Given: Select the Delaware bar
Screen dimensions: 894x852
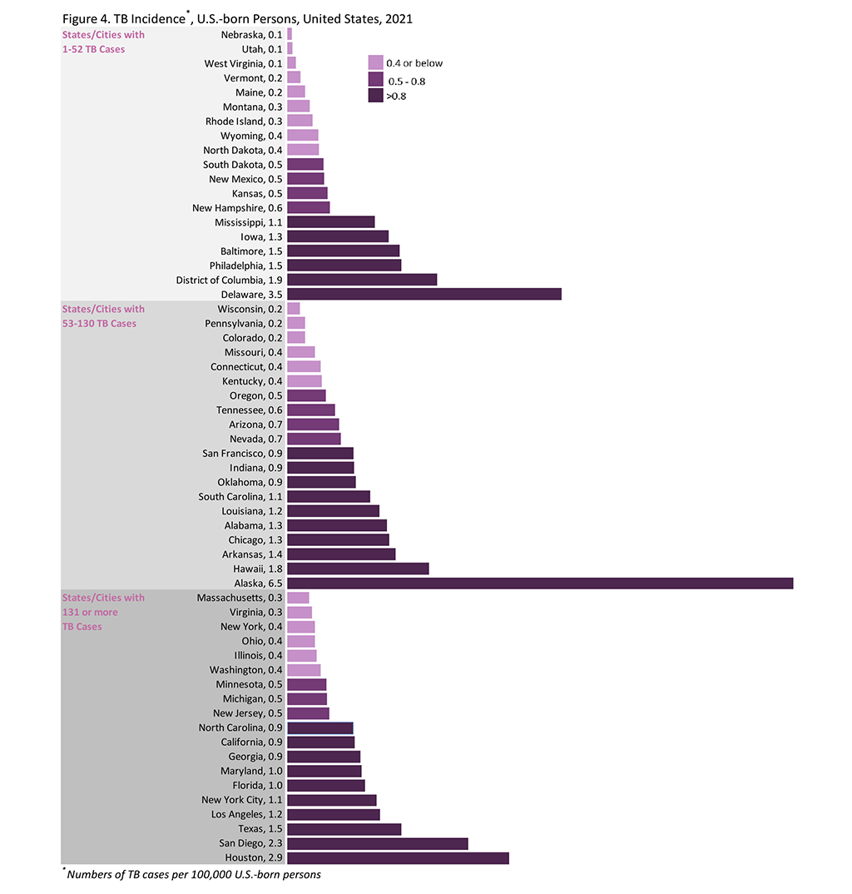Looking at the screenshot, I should click(x=424, y=294).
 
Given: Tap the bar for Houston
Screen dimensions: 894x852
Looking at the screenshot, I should click(x=397, y=857).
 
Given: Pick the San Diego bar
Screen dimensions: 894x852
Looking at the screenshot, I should click(x=377, y=843).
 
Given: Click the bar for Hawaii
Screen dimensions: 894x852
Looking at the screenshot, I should click(x=358, y=569).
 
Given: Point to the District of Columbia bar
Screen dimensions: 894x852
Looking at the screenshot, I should click(x=361, y=280).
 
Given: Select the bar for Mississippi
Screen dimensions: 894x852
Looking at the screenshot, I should click(x=330, y=222).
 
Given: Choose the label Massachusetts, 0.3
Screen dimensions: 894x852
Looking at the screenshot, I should click(x=240, y=598).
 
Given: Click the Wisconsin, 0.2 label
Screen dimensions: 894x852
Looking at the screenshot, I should click(x=250, y=309).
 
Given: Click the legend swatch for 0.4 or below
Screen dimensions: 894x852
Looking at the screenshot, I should click(x=375, y=63).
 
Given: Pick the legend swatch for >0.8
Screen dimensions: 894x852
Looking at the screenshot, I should click(x=375, y=96).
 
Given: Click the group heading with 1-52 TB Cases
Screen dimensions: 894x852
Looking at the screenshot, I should click(x=103, y=42).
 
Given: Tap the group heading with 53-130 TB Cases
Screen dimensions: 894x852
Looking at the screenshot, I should click(x=103, y=316).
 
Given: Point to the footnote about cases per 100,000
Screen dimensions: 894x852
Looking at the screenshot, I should click(x=193, y=875).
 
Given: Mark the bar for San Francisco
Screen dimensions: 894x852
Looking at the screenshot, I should click(x=319, y=454).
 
